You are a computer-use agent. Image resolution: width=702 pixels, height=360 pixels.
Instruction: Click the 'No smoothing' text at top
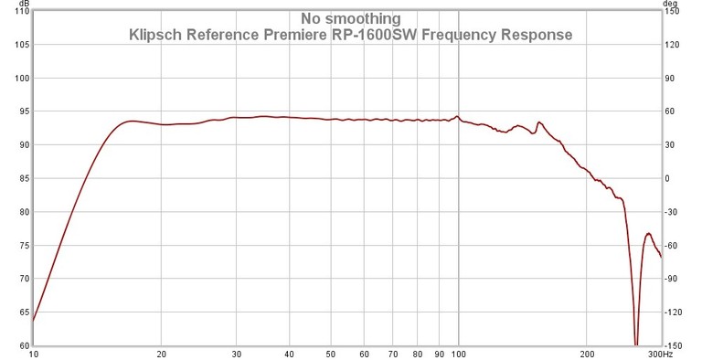[351, 17]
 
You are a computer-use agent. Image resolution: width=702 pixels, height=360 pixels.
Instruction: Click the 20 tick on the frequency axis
[162, 354]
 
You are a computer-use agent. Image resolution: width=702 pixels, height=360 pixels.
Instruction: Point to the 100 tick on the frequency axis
[458, 354]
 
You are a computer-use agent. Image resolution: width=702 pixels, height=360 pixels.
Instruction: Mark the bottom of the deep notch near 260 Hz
[636, 344]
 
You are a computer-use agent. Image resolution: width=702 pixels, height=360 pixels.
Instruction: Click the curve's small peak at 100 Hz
[458, 116]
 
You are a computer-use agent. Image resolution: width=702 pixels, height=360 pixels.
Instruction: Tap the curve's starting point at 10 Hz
[34, 320]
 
